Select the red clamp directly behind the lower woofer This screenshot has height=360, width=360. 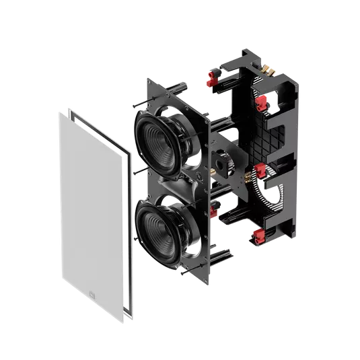click(x=215, y=213)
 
